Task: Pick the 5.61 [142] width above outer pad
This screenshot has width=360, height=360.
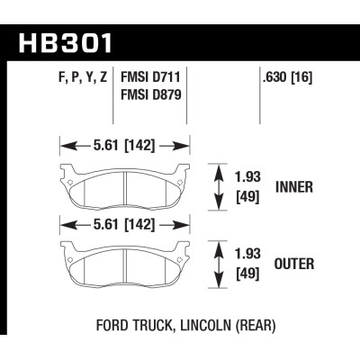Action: click(125, 223)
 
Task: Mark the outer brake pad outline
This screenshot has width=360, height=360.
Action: click(125, 263)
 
